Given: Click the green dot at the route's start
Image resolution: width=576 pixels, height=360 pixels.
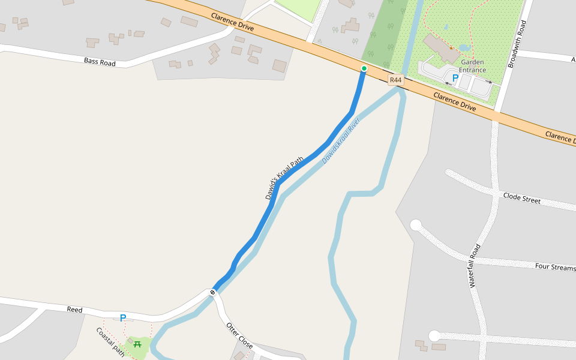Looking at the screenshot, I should click(x=364, y=69).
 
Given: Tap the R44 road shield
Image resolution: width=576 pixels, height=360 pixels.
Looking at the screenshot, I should click(x=395, y=80).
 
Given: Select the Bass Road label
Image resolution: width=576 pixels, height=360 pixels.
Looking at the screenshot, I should click(x=100, y=61).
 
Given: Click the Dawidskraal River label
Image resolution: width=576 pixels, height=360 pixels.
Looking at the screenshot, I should click(x=340, y=142).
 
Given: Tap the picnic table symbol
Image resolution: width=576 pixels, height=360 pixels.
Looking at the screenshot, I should click(x=138, y=344).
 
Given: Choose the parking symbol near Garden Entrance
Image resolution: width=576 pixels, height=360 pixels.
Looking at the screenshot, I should click(x=455, y=78).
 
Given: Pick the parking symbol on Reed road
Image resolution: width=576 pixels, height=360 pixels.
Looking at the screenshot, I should click(x=123, y=318).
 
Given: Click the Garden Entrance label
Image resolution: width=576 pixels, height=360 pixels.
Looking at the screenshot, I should click(x=472, y=66).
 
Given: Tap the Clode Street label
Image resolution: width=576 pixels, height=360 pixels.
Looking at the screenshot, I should click(x=521, y=198).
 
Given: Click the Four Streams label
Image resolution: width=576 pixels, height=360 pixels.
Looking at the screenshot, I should click(x=554, y=267).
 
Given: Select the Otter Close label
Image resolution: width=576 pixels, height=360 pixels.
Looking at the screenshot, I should click(x=239, y=335).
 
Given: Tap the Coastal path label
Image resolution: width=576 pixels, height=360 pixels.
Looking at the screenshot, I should click(x=110, y=342).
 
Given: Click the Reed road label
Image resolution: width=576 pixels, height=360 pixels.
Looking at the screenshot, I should click(x=74, y=310).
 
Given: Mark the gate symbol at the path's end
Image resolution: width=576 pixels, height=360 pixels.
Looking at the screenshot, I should click(x=212, y=292).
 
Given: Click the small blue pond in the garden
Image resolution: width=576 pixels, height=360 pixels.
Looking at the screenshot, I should click(x=464, y=47).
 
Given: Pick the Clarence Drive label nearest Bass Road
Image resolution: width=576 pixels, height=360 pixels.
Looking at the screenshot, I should click(x=232, y=22).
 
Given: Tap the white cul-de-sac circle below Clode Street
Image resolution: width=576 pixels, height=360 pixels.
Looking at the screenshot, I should click(x=415, y=226).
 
